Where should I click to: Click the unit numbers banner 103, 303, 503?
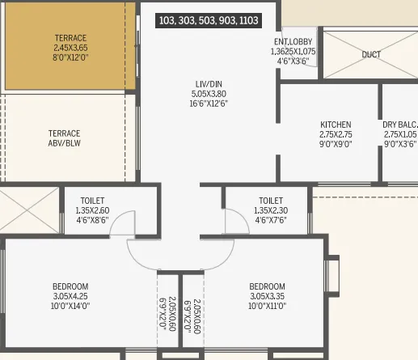209,20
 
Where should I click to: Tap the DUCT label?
371,55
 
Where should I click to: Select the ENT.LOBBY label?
293,41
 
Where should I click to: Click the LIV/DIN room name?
209,83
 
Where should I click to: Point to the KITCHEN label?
336,125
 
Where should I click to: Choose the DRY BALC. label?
400,125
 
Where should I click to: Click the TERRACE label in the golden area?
70,38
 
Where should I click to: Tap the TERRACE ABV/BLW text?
64,138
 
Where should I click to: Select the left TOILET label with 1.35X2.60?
92,201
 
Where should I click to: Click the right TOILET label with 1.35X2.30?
271,201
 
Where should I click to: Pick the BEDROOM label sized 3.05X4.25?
70,286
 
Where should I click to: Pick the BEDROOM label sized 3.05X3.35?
267,286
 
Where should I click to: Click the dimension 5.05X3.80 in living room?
209,93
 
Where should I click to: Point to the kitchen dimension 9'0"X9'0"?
336,144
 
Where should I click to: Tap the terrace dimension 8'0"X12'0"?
70,57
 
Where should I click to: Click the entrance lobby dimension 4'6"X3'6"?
293,61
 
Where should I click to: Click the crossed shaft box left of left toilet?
29,212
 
